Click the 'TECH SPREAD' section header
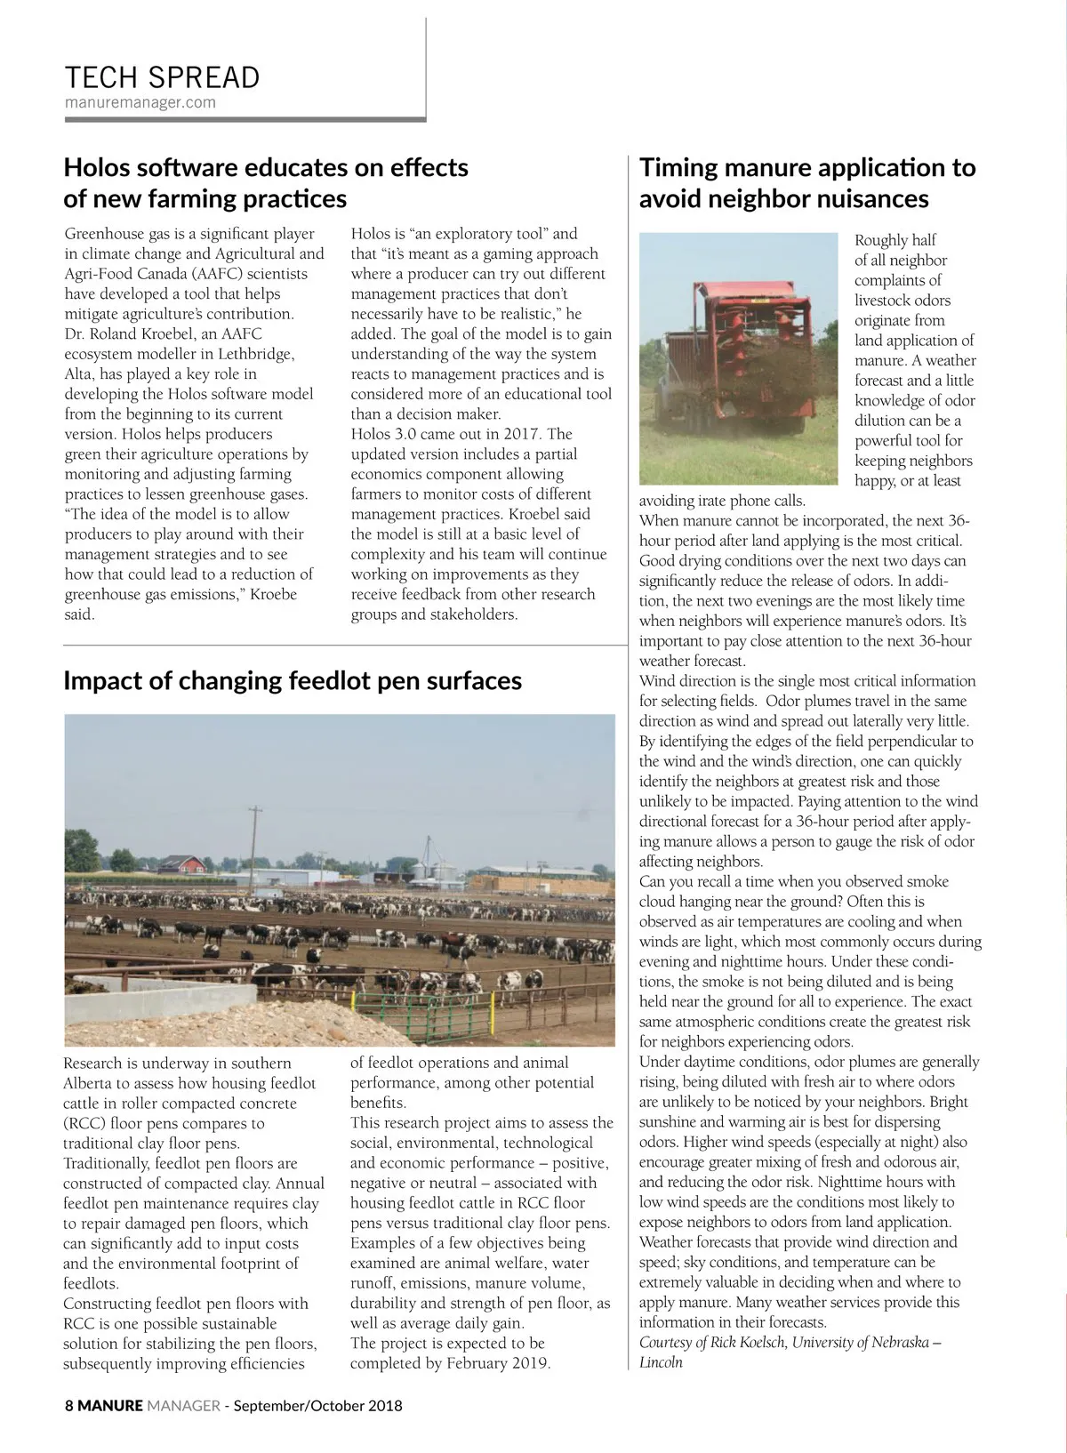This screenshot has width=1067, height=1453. coord(162,77)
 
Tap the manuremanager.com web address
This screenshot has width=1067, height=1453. coord(140,102)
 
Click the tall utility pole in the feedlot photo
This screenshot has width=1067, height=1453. coord(255,849)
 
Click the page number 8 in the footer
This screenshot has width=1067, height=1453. coord(69,1406)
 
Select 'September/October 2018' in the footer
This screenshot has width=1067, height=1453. coord(317,1406)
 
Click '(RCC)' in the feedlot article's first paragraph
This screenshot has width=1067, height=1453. coord(84,1123)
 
